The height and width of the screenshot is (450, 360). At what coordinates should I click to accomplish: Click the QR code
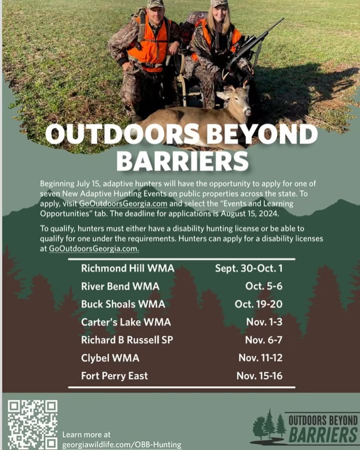32,424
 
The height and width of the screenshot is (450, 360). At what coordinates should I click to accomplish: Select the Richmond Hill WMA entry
128,268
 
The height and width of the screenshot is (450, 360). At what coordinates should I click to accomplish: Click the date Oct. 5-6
264,286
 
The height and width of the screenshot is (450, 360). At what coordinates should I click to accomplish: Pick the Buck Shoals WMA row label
123,304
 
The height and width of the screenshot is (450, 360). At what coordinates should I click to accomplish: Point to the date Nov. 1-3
264,322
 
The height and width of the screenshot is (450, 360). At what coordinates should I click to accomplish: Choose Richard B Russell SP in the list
127,340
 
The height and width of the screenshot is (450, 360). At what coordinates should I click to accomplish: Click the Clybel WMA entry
110,358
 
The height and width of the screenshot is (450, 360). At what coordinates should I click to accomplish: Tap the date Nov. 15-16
259,375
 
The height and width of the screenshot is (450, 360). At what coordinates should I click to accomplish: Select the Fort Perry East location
114,375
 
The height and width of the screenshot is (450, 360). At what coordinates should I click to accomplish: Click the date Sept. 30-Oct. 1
249,268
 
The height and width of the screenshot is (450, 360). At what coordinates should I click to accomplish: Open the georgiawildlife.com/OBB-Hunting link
122,444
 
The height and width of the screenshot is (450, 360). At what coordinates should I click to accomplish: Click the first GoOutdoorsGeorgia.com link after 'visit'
123,203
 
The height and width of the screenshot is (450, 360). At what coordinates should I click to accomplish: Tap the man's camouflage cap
155,3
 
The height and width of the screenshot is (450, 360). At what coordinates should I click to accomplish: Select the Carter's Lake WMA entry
126,322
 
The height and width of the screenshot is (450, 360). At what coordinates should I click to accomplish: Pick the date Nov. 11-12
260,358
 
